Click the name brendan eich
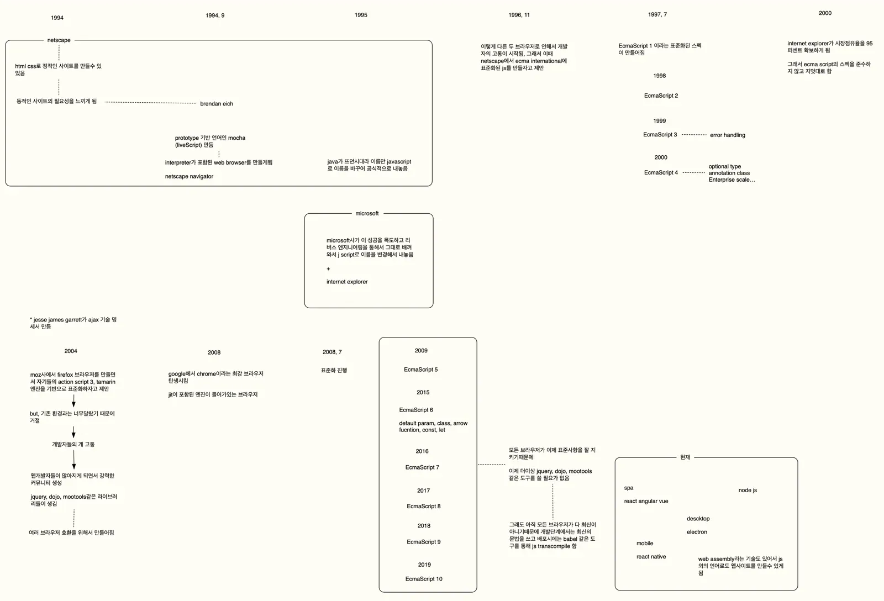coord(216,104)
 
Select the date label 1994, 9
coord(215,15)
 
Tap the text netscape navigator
coord(188,176)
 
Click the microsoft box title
coord(367,213)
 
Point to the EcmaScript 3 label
coord(660,135)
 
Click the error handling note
coord(727,135)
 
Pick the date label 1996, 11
coord(519,15)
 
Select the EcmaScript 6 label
coord(416,410)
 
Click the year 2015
coord(423,392)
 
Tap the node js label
coord(748,490)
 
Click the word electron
coord(697,532)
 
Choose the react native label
coord(651,557)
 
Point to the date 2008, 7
coord(332,352)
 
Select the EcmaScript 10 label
coord(423,579)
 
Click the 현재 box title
coord(685,457)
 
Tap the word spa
coord(628,488)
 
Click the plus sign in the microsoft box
coord(328,268)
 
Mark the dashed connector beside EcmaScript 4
coord(694,172)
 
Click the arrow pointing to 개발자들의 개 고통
coord(73,432)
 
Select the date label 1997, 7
coord(657,14)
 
